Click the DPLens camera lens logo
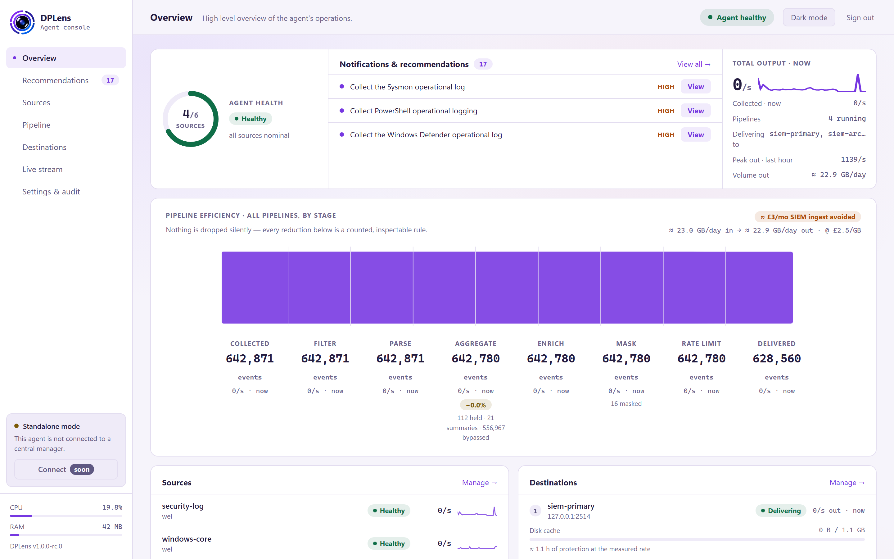[22, 22]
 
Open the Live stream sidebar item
[43, 169]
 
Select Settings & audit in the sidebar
[51, 192]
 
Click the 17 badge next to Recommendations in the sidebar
[110, 80]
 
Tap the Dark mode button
[809, 17]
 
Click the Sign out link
[860, 18]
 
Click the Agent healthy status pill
[737, 17]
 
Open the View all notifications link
[694, 64]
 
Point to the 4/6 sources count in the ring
[190, 114]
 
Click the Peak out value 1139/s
[853, 159]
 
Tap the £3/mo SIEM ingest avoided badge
[808, 217]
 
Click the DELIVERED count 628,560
[777, 359]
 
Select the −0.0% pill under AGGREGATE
[476, 405]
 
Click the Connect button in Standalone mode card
[66, 469]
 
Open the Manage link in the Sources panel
[480, 483]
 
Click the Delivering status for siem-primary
[781, 511]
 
